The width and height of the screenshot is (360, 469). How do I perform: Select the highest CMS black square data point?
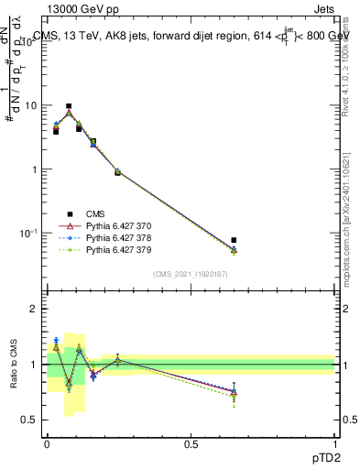(69, 106)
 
